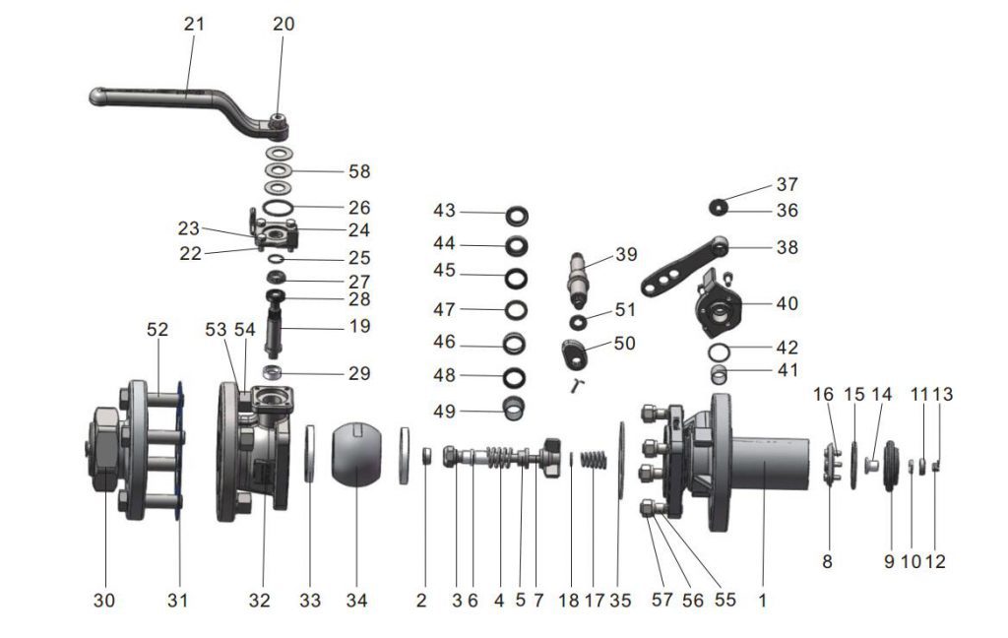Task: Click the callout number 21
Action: point(194,24)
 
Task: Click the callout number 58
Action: point(359,171)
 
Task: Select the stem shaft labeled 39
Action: point(581,277)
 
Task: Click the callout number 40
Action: point(787,304)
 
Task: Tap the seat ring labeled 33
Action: point(310,454)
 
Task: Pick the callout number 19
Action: point(359,325)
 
